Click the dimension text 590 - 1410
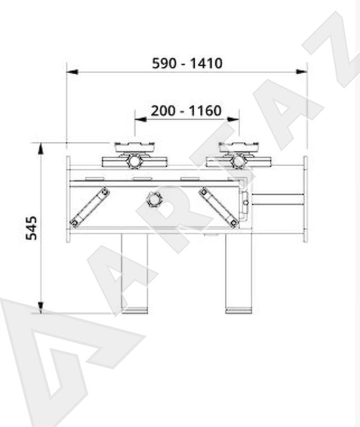click(187, 63)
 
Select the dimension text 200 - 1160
click(186, 111)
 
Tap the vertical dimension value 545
click(31, 228)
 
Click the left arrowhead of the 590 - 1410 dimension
click(73, 72)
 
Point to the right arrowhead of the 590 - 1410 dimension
click(302, 72)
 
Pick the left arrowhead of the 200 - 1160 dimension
click(141, 119)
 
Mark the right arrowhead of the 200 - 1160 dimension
click(234, 119)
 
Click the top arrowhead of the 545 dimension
click(41, 149)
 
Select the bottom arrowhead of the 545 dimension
click(41, 307)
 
